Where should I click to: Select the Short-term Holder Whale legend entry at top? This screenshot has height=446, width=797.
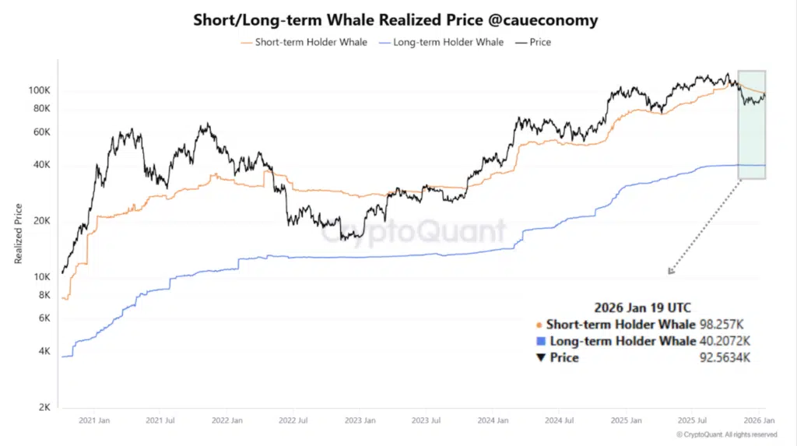point(304,42)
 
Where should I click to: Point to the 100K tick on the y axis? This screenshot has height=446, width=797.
point(39,90)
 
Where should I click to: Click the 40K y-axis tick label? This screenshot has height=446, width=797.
point(40,165)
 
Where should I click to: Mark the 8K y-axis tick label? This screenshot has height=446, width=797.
point(44,295)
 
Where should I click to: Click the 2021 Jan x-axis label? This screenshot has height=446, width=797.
point(93,420)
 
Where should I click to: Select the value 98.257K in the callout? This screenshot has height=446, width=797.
point(722,325)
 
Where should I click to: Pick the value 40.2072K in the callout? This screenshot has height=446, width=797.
point(725,341)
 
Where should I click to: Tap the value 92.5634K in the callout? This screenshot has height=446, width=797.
point(725,358)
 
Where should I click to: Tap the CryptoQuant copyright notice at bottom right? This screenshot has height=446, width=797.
point(726,434)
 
